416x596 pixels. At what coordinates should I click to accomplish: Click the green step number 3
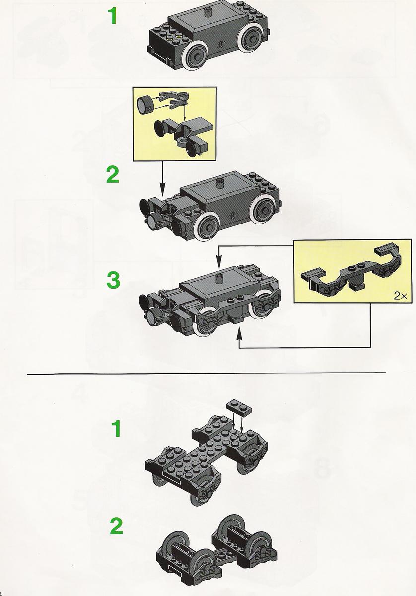[113, 280]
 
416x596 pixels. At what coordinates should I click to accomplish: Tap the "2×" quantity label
[400, 296]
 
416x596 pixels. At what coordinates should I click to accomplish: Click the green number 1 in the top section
[113, 16]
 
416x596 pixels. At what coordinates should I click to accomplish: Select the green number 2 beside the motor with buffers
[113, 174]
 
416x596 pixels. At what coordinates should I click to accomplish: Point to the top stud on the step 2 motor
[220, 183]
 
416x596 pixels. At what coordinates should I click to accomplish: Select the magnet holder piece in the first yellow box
[174, 100]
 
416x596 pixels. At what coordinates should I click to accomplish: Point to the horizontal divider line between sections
[207, 373]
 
